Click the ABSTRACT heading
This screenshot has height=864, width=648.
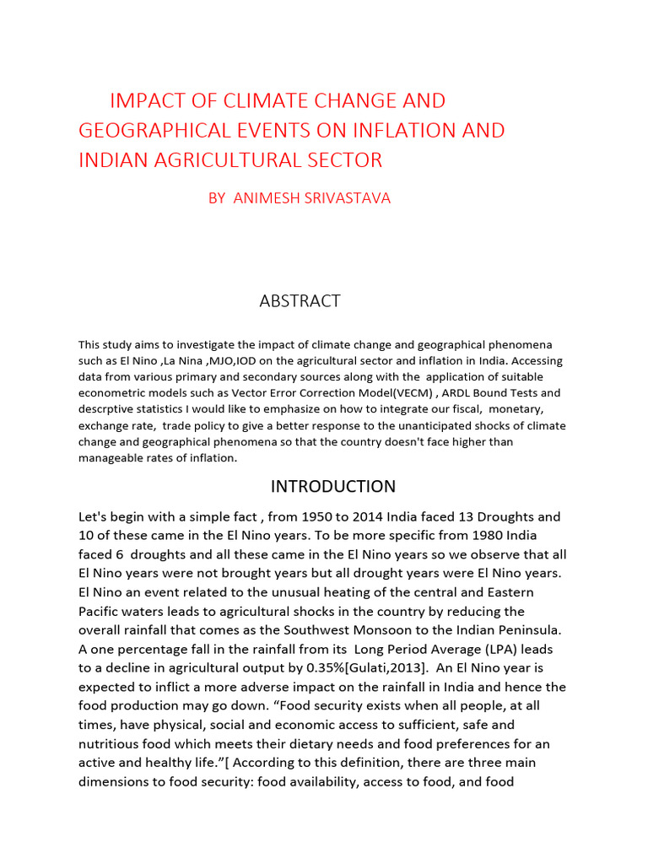click(300, 301)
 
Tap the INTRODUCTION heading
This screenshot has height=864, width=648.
click(332, 486)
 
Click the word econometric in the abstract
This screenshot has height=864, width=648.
click(111, 393)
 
